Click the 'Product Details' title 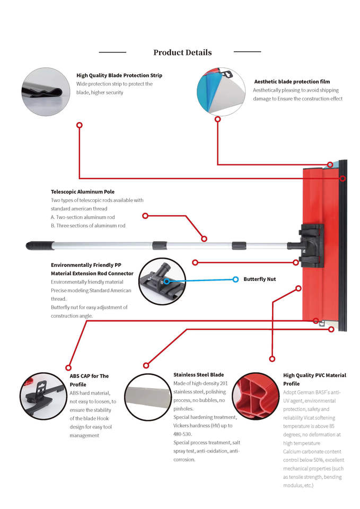pos(182,52)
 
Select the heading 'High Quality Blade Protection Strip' pos(119,75)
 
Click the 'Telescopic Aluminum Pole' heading pos(83,191)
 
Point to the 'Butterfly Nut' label pos(259,279)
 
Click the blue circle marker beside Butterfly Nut pos(235,279)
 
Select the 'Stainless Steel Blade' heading pos(198,374)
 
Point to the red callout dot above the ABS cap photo pos(68,367)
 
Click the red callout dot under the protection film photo pos(217,119)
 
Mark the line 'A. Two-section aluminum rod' pos(83,217)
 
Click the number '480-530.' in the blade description pos(185,434)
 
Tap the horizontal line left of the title pos(112,52)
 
